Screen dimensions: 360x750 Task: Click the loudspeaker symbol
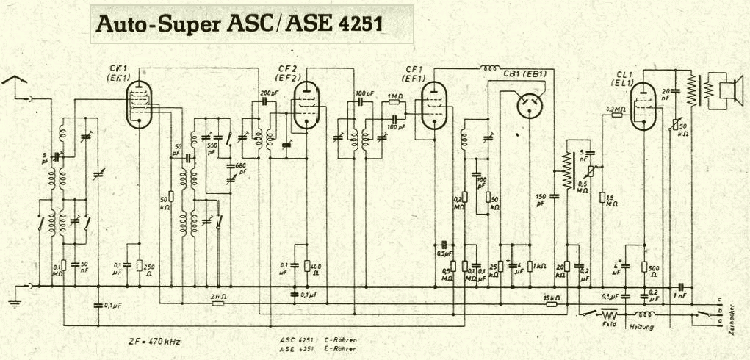[x=726, y=90]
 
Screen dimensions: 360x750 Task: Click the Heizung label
[x=641, y=327]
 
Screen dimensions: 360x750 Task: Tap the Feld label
[x=608, y=324]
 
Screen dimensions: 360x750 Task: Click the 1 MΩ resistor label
[x=394, y=96]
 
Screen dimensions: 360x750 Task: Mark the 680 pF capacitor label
[x=239, y=168]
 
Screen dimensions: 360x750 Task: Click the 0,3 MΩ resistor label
[x=615, y=109]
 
